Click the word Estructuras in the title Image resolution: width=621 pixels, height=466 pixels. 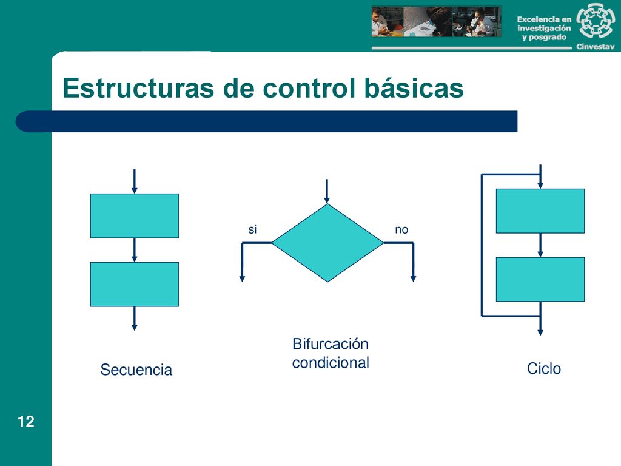[138, 88]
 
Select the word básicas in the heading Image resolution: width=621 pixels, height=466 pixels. [414, 88]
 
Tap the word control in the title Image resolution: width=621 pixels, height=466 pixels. [309, 88]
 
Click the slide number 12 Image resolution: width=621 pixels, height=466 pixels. [25, 422]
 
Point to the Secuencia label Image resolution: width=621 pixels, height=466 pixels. [136, 370]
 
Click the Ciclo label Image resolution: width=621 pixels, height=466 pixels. [544, 368]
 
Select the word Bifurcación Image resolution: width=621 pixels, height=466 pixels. [331, 344]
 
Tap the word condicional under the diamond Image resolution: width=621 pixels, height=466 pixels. [331, 363]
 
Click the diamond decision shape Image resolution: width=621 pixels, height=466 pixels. [327, 243]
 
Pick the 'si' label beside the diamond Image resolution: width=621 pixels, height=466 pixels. [252, 229]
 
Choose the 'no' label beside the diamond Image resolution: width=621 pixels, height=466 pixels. [401, 230]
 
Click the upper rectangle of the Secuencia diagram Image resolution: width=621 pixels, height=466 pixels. [134, 216]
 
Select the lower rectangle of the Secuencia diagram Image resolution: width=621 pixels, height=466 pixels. [134, 284]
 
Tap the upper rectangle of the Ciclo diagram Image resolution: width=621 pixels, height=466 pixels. [540, 211]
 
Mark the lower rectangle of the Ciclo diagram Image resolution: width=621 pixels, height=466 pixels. [540, 279]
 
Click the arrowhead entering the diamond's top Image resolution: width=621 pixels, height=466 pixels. [327, 200]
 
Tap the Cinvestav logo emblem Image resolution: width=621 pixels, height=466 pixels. [596, 21]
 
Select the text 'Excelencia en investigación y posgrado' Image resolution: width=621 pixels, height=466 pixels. [544, 28]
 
